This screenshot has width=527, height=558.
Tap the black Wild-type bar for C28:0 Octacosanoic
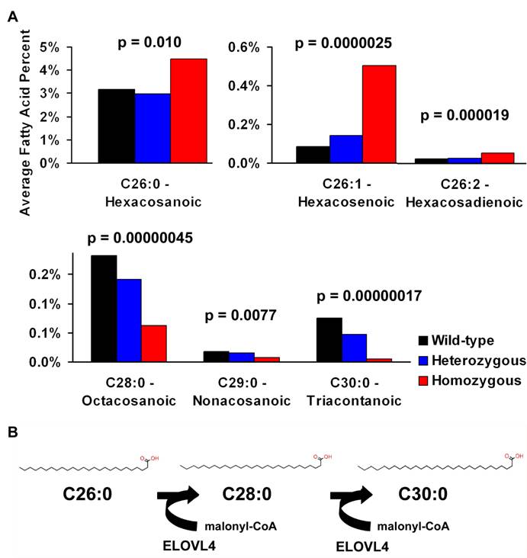[104, 309]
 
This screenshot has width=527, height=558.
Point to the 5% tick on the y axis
[69, 47]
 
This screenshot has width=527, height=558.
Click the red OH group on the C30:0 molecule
[504, 459]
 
